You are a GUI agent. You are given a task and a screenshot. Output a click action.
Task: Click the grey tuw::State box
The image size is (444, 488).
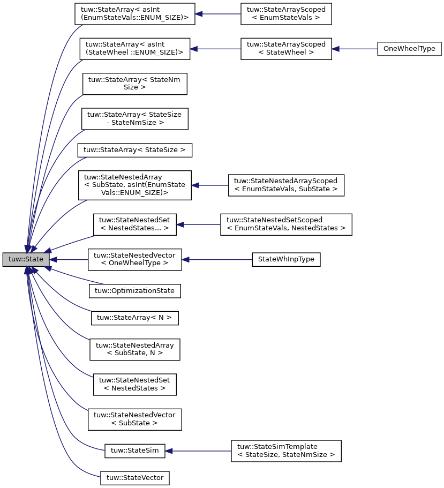click(x=26, y=259)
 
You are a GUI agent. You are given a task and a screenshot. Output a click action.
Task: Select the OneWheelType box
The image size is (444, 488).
click(x=409, y=49)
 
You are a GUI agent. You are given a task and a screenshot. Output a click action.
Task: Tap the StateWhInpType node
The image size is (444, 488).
click(x=286, y=259)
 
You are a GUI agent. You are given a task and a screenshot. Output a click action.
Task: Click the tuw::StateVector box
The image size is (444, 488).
click(x=135, y=477)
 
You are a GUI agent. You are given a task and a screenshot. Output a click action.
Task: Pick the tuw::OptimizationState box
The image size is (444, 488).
click(x=135, y=291)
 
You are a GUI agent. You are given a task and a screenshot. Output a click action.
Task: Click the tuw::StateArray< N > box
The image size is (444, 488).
click(x=134, y=318)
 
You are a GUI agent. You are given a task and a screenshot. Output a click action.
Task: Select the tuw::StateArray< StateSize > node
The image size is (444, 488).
click(x=134, y=150)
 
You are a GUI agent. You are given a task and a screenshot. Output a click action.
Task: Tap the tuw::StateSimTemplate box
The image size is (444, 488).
click(x=286, y=451)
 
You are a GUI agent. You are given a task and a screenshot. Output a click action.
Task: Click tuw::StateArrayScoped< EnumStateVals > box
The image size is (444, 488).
click(x=286, y=14)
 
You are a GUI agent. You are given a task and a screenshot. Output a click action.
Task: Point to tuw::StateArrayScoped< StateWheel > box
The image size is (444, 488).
click(x=286, y=49)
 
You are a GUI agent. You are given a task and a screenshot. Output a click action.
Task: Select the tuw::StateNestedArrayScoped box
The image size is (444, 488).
click(x=286, y=185)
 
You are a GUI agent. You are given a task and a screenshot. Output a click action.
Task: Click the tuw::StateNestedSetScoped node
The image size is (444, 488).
click(x=286, y=224)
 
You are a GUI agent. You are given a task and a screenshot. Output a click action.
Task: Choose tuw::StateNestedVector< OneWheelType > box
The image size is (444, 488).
click(x=135, y=259)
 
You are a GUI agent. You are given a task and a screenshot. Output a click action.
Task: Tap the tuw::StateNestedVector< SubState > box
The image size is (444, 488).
click(x=135, y=419)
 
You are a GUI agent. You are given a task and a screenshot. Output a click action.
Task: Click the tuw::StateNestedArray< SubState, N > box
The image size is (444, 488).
click(x=135, y=349)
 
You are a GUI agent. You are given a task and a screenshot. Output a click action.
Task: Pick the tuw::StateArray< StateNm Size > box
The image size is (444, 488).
click(x=134, y=83)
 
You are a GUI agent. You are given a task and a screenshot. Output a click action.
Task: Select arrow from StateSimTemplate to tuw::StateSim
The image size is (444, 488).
click(x=198, y=451)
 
